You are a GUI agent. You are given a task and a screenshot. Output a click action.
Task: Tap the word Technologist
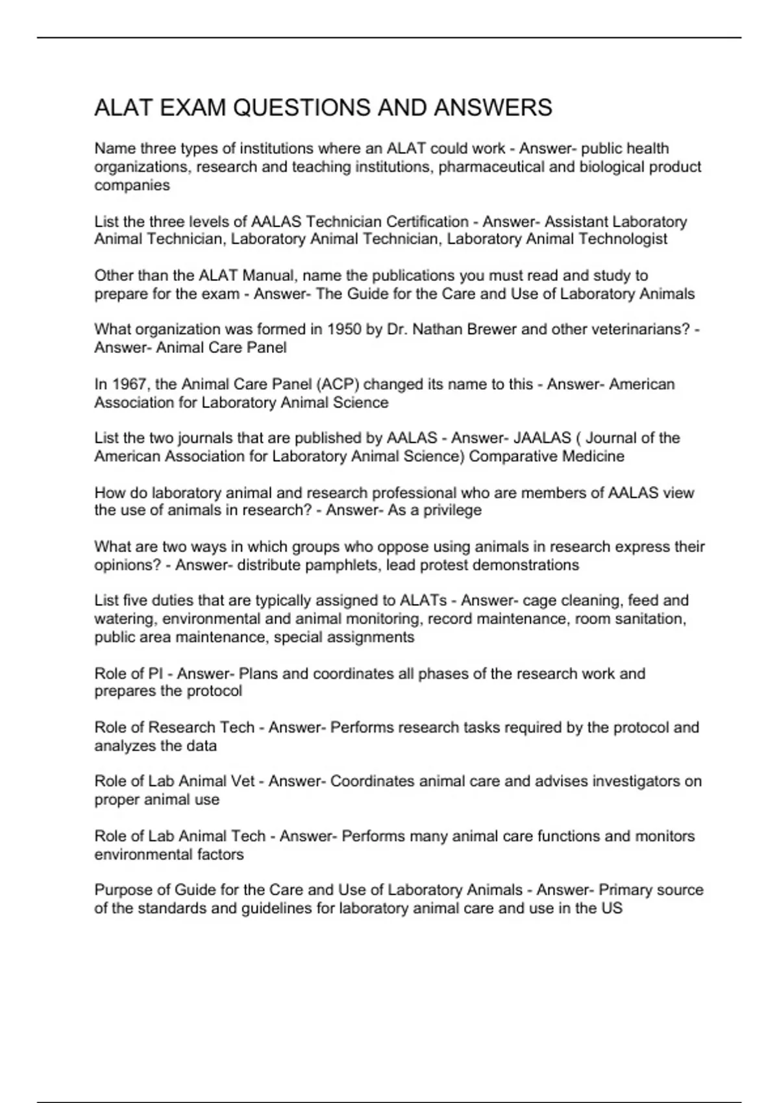pyautogui.click(x=623, y=239)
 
